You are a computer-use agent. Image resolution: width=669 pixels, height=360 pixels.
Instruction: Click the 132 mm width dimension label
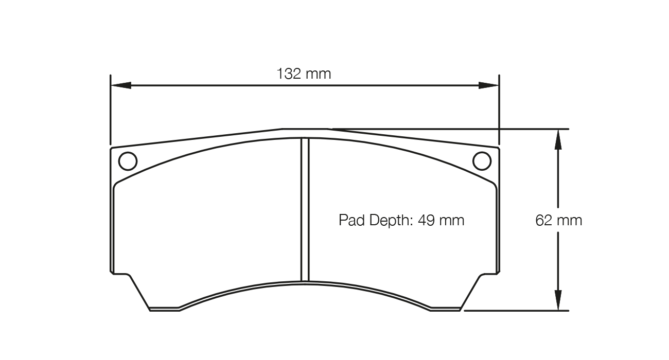click(x=304, y=74)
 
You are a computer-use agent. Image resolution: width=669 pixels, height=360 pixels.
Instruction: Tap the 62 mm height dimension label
click(x=559, y=221)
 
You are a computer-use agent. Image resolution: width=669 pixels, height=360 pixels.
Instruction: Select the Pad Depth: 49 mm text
click(x=401, y=221)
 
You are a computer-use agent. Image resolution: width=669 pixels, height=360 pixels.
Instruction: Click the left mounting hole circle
click(x=128, y=161)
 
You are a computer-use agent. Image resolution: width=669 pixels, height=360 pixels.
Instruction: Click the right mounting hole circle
click(x=482, y=161)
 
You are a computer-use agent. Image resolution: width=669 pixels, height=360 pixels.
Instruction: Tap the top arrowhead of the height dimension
click(x=558, y=138)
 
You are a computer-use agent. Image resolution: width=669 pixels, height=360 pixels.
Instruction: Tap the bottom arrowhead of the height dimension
click(x=558, y=301)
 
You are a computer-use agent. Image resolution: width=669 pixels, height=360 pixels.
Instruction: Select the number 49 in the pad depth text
click(x=426, y=221)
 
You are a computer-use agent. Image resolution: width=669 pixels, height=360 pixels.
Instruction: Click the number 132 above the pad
click(x=289, y=74)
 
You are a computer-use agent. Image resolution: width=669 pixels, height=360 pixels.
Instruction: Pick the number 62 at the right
click(x=544, y=221)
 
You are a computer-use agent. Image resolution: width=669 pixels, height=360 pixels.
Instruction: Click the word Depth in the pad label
click(x=385, y=221)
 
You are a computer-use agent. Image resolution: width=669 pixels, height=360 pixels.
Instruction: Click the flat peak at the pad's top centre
click(x=304, y=129)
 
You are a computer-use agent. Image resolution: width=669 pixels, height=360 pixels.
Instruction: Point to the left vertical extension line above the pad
click(x=111, y=111)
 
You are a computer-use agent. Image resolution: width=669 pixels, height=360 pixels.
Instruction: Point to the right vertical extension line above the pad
click(x=499, y=111)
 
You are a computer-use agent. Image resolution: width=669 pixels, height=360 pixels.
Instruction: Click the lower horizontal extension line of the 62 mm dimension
click(x=515, y=311)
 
